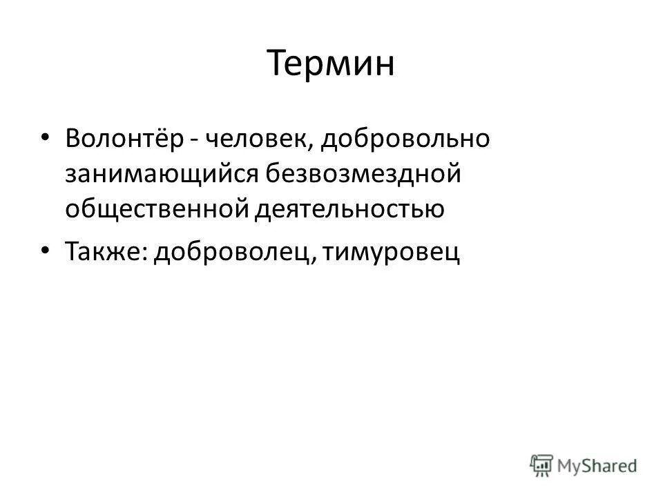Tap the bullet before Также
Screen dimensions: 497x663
coord(45,252)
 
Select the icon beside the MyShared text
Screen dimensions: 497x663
coord(543,465)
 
